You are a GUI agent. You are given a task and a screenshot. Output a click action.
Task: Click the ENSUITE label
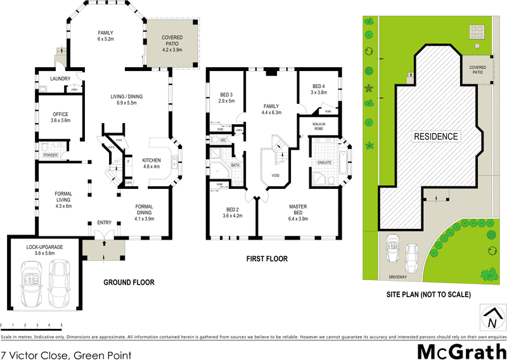[325, 163]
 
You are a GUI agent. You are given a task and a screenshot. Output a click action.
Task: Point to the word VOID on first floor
[275, 176]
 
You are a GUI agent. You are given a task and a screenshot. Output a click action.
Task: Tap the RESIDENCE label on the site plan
[436, 136]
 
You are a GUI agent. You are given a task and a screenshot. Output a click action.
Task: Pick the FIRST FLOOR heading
[266, 259]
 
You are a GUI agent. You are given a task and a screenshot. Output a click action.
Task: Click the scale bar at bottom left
[32, 325]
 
